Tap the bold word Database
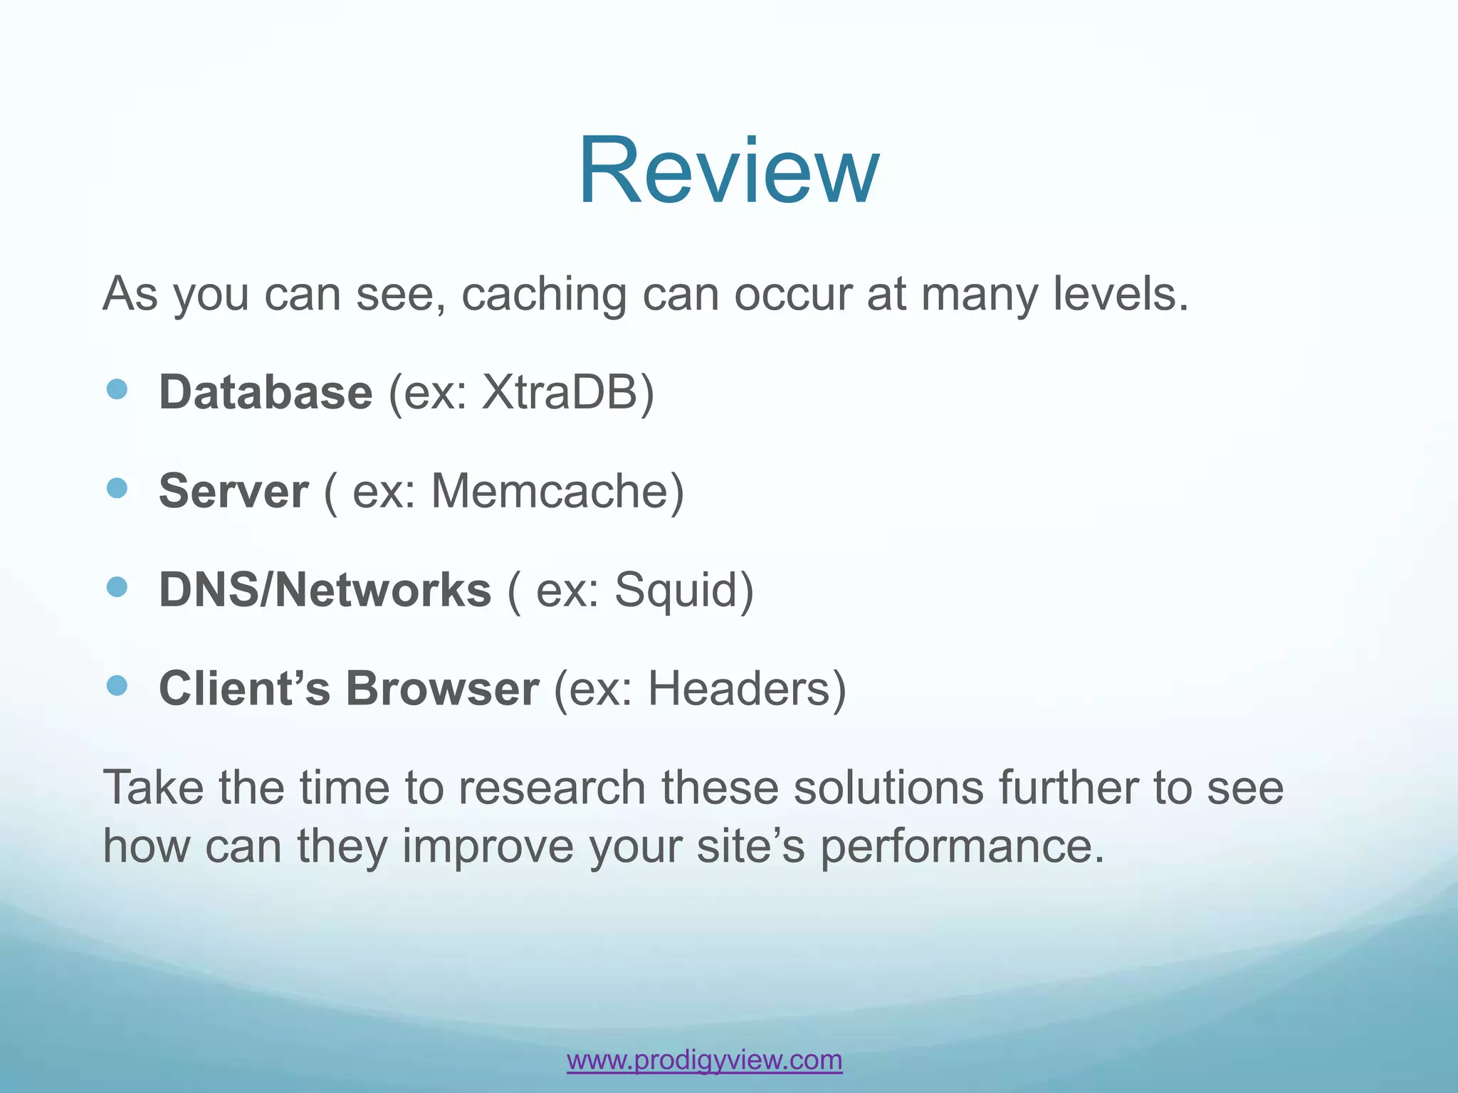tap(265, 392)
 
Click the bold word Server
tap(234, 491)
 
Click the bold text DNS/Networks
tap(325, 590)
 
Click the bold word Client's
tap(244, 688)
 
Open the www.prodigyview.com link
tap(704, 1060)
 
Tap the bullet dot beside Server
tap(116, 487)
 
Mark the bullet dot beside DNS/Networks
tap(116, 586)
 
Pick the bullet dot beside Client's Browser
tap(116, 685)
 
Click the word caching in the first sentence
tap(543, 295)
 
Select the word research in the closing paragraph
tap(551, 788)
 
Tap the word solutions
tap(888, 788)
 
